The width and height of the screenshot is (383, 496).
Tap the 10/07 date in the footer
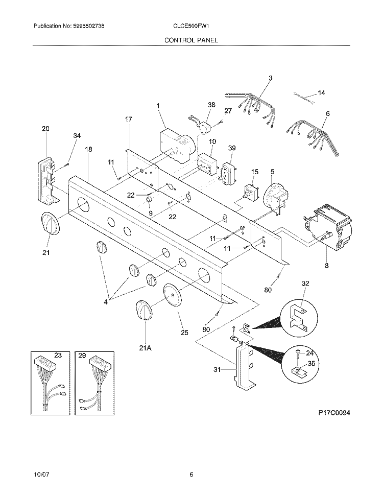[40, 475]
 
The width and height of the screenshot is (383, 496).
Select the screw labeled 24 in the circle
[298, 352]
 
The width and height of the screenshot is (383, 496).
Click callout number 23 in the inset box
[58, 355]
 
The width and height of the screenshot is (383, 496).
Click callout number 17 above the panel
[128, 119]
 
